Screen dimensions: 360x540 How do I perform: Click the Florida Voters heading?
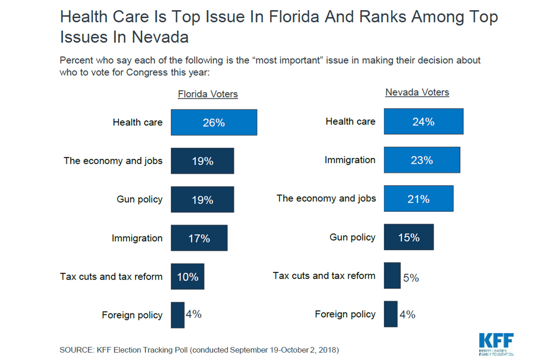pos(208,94)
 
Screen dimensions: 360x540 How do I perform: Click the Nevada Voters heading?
pos(417,92)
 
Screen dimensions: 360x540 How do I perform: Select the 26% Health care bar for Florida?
pos(214,122)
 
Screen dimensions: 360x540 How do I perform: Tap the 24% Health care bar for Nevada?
pos(423,122)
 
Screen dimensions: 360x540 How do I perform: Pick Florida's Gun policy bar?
pos(202,199)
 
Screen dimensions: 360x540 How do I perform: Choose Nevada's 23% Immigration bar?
pos(422,160)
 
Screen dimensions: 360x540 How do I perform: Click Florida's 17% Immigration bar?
pos(199,238)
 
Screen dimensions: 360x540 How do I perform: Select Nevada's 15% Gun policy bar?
pos(408,237)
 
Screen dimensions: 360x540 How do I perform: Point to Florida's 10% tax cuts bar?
pos(187,276)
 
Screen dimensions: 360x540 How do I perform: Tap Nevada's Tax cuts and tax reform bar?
pos(392,276)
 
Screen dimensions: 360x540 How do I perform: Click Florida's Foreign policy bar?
pos(177,315)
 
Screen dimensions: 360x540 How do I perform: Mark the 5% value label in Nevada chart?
pos(411,278)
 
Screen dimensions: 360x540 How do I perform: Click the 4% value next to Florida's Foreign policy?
pos(193,314)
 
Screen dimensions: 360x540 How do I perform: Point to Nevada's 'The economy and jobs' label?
pos(326,198)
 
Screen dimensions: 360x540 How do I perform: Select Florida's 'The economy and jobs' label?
pos(113,161)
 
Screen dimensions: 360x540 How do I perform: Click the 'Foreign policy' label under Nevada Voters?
pos(345,314)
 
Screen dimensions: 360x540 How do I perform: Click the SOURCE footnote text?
pos(199,350)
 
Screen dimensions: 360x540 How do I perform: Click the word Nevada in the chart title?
pos(160,37)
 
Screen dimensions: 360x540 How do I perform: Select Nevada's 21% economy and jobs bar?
pos(418,198)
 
